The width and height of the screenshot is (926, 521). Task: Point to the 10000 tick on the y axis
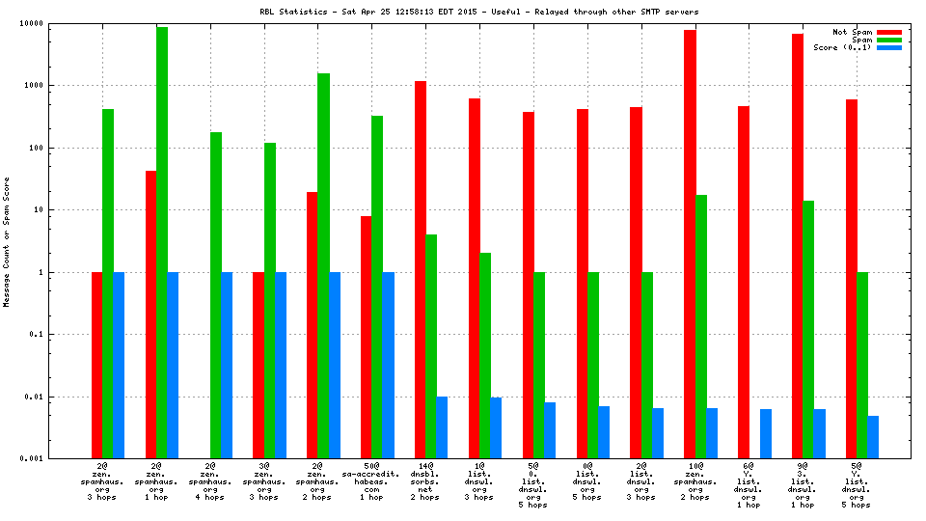pos(58,23)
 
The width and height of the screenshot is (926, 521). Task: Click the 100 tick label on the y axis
pos(65,149)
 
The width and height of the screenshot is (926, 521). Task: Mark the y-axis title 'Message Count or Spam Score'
pos(7,241)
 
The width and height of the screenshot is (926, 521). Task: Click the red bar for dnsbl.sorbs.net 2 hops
pos(421,270)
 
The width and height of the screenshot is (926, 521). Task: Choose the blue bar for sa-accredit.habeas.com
pos(388,366)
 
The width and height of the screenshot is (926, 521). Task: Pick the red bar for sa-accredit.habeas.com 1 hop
pos(367,338)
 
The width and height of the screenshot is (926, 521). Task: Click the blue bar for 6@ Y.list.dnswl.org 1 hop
pos(766,434)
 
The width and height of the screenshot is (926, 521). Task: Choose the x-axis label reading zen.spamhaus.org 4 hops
pos(210,482)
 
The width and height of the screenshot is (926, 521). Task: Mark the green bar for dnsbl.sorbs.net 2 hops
pos(431,346)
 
